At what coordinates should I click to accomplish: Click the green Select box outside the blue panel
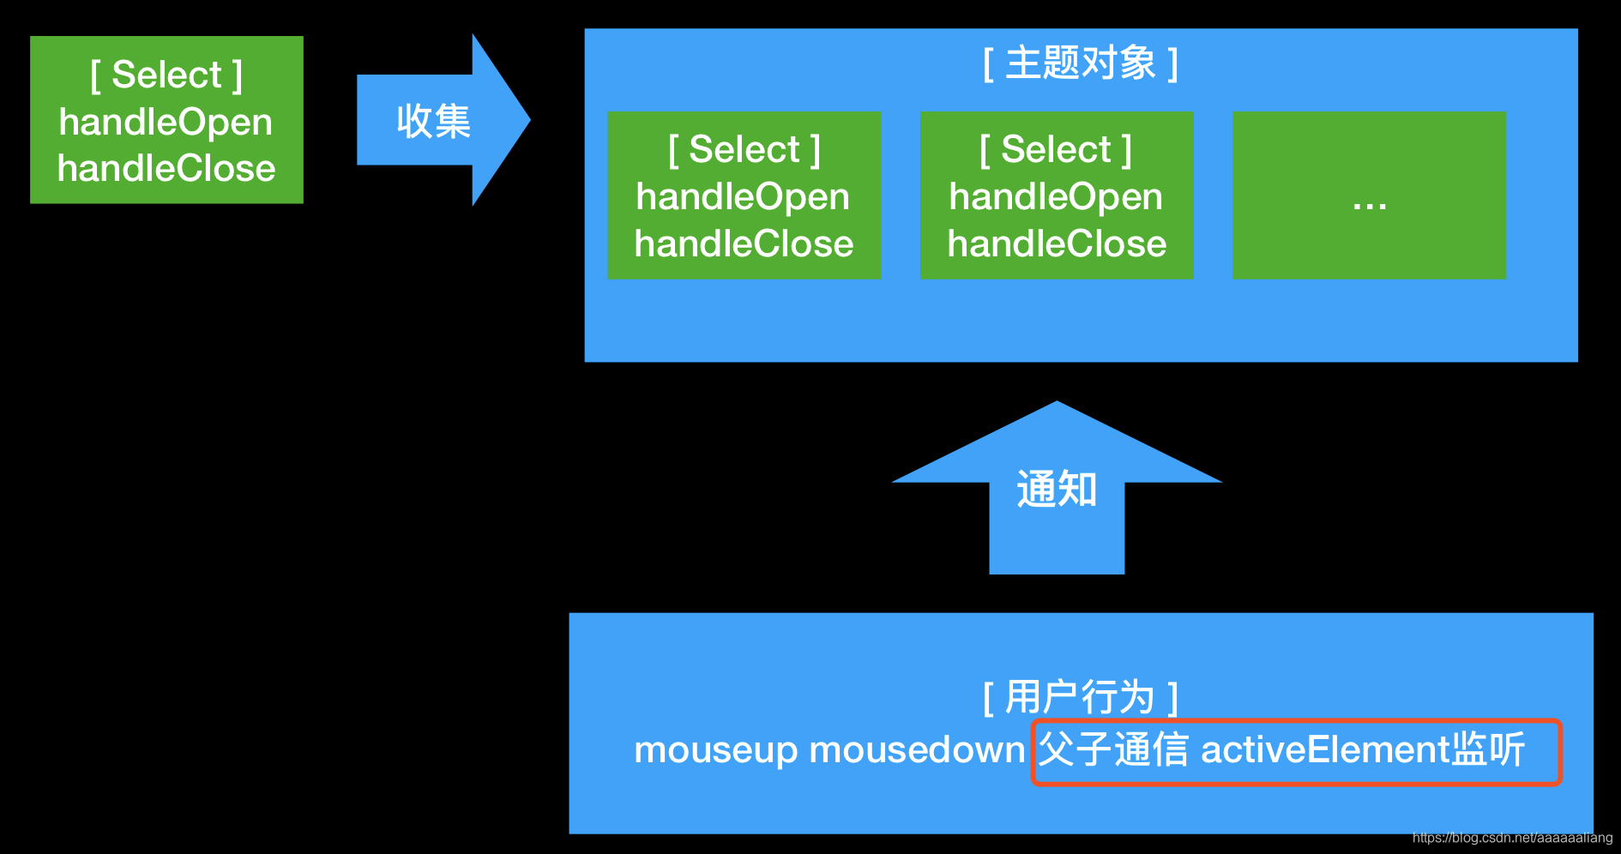166,119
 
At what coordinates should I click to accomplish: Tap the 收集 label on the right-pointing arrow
433,121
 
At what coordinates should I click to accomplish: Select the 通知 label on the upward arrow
1057,490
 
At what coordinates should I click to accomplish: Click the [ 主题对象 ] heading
1081,63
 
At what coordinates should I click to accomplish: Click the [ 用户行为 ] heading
1081,696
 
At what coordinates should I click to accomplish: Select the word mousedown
917,750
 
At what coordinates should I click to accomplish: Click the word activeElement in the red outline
1324,750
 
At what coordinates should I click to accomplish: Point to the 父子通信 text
1112,750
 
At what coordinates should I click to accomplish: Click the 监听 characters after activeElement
1487,750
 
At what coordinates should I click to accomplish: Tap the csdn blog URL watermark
1512,838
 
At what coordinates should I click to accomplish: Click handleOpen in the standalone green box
166,122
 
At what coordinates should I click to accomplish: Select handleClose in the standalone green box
166,168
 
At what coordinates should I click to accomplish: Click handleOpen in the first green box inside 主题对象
743,197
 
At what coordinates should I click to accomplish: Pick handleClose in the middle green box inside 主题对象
1057,244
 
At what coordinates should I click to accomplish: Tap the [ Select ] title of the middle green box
1056,149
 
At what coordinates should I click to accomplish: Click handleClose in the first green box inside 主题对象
744,244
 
